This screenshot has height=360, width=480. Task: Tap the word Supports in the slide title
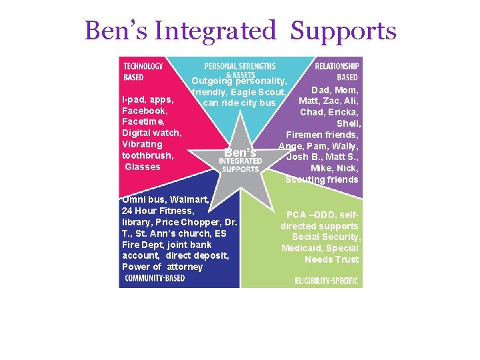[344, 31]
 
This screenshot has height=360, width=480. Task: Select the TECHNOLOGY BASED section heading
[143, 71]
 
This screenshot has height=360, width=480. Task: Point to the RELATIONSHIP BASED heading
[337, 71]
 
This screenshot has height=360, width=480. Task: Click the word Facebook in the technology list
[144, 111]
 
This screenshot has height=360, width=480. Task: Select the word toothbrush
[148, 155]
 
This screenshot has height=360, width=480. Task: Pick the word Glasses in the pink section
[143, 167]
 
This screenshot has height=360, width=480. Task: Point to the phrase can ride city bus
[239, 103]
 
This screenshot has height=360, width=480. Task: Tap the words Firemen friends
[323, 135]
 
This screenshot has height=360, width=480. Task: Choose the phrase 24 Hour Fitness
[158, 211]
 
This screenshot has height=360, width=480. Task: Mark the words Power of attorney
[162, 267]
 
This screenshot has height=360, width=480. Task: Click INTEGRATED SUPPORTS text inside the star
[240, 165]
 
